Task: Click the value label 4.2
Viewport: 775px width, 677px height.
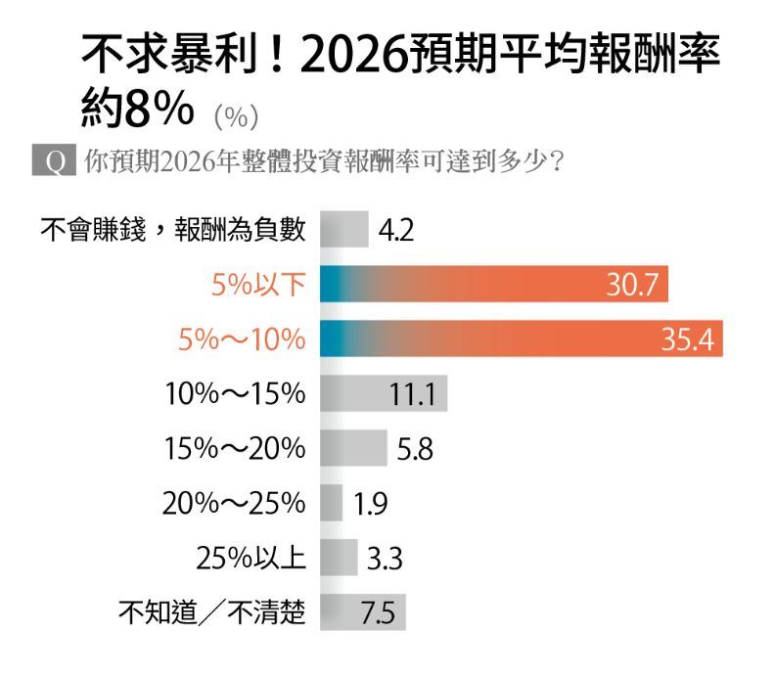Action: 396,231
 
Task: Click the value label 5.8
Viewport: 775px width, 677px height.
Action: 415,450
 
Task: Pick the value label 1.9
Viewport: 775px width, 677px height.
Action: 371,505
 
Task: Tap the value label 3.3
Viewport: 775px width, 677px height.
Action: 385,560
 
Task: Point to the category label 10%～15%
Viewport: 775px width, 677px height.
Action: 235,394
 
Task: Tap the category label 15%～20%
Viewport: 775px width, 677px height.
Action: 235,450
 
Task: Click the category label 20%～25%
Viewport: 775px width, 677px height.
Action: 235,505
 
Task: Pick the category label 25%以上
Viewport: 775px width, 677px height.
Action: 251,560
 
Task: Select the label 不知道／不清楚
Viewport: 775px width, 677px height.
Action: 212,614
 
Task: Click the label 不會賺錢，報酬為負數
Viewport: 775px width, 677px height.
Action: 173,230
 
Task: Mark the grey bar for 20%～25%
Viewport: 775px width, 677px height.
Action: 332,505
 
